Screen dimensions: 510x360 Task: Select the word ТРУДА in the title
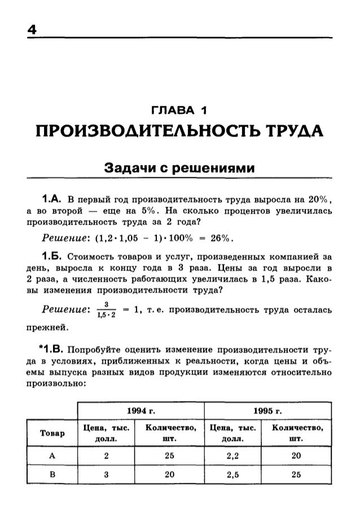pyautogui.click(x=295, y=133)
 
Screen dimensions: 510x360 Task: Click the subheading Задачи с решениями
pyautogui.click(x=179, y=169)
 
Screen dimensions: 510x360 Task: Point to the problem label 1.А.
pyautogui.click(x=54, y=198)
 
